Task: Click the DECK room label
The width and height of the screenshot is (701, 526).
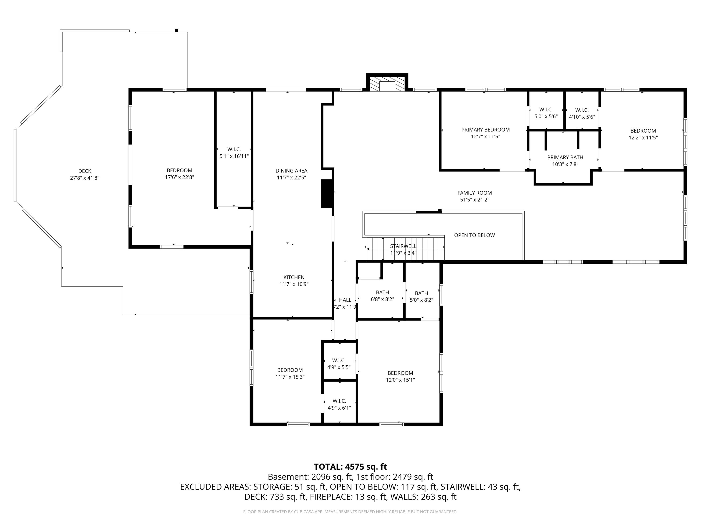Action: coord(85,171)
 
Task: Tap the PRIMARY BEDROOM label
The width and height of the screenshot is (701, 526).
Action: coord(486,130)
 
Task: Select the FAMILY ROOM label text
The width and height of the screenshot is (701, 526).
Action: coord(475,193)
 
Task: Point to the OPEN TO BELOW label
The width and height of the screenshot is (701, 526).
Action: coord(474,235)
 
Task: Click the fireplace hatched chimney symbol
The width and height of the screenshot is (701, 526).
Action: coord(387,84)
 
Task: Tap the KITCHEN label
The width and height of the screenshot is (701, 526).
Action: coord(294,277)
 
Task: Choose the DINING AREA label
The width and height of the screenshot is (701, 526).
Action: coord(292,171)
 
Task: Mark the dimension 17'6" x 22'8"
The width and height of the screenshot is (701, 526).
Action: coord(179,177)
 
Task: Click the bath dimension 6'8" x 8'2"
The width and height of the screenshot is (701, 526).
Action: coord(383,299)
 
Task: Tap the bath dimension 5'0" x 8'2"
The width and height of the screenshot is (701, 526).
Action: coord(422,300)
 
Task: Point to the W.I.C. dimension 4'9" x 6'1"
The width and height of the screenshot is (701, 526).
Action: coord(340,408)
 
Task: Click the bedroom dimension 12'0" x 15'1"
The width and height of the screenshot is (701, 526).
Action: coord(400,380)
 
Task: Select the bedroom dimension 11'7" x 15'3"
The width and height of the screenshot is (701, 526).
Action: coord(290,377)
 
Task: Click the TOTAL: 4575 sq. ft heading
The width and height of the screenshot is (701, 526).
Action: coord(350,467)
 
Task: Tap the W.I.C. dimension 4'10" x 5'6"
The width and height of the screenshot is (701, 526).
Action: coord(582,117)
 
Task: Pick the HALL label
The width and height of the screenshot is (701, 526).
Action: coord(345,300)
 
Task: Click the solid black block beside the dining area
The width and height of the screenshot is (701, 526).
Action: coord(327,194)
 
